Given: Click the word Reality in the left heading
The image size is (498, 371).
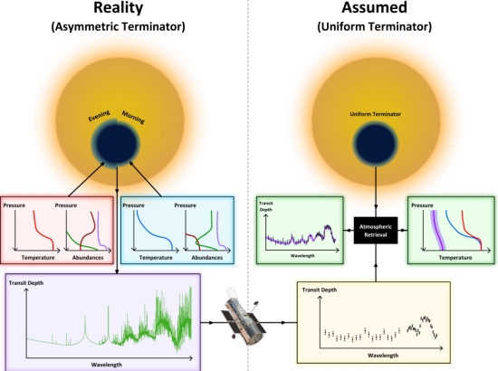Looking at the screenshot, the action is coord(118,7).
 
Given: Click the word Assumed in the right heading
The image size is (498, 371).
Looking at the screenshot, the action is coord(375,7).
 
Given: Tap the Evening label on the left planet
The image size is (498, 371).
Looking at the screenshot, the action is coord(99,116).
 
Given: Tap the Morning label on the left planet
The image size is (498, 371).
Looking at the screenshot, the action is coord(133,117).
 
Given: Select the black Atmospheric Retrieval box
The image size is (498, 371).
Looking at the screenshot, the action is coord(376,231).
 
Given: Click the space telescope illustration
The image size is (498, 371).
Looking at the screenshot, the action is coord(243,318).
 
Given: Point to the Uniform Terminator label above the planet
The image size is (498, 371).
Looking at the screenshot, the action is coord(376,114).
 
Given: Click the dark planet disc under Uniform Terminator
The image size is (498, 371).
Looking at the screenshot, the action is coord(376,144).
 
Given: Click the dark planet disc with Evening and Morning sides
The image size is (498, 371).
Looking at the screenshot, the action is coord(116,143).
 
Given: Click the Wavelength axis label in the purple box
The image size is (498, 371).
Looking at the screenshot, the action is coord(107,365).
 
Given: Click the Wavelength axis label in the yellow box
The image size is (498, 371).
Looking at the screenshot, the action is coord(383,356).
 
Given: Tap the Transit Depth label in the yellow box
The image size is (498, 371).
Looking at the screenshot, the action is coord(320,290).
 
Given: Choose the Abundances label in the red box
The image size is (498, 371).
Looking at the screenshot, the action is coord(88,258).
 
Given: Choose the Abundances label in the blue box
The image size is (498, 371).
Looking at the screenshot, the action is coord(207,258).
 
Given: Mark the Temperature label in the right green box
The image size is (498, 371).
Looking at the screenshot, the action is coord(455,258).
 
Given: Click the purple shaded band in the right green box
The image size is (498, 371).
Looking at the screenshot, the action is coord(437,231).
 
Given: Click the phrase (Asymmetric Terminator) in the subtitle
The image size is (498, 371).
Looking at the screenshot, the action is coord(118,26).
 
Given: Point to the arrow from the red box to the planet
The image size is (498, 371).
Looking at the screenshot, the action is coord(86,179).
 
